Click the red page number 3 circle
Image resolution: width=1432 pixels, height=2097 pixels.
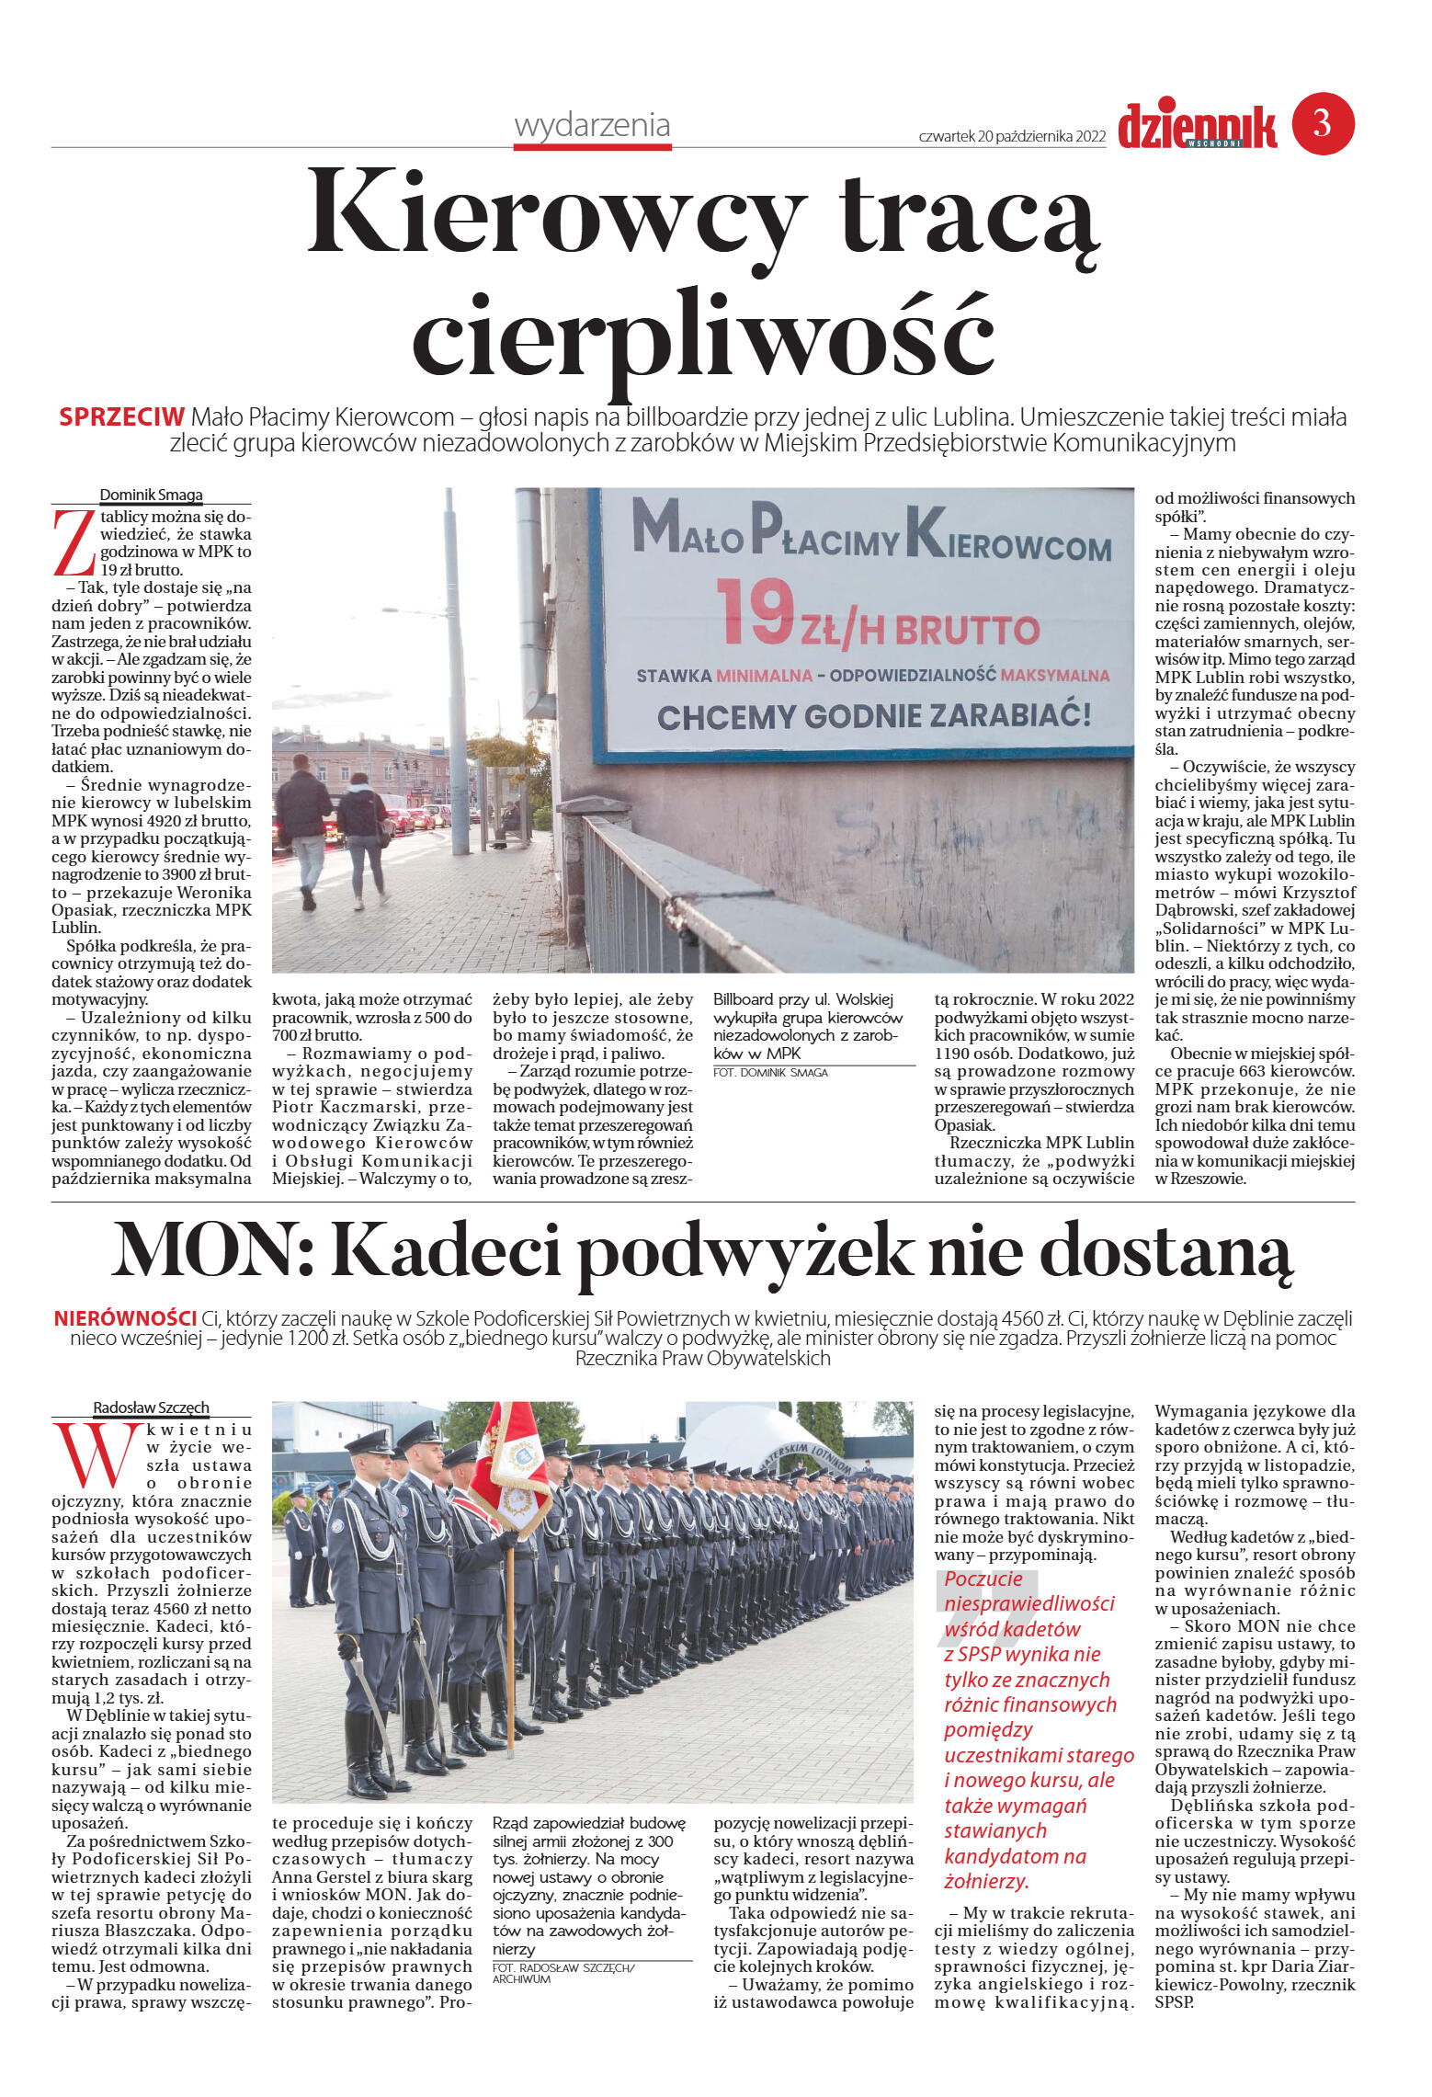(1323, 123)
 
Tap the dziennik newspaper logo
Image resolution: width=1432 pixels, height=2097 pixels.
(1197, 126)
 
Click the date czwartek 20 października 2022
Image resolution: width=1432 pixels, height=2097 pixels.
(1011, 136)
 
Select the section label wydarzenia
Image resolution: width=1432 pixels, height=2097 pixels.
(592, 125)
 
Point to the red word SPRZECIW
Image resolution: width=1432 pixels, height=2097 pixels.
(121, 417)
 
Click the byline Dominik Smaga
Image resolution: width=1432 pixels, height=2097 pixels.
(151, 495)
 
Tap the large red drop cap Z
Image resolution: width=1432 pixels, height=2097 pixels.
(74, 543)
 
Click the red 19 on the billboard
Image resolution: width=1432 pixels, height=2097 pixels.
(754, 611)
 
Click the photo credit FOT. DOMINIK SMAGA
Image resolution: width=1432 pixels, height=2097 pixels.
(770, 1073)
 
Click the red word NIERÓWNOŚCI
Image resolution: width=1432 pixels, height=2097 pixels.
(125, 1318)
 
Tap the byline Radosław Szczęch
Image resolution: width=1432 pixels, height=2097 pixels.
(151, 1407)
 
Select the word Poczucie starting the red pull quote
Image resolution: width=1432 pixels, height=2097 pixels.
(983, 1578)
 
